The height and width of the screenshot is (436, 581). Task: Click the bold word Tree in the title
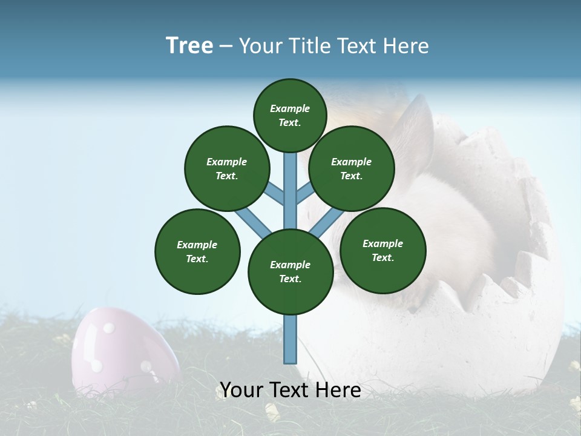pos(189,46)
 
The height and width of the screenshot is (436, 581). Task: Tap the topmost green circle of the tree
pos(290,115)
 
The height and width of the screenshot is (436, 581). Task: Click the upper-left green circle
pos(227,168)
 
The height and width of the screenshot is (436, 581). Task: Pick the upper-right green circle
pos(352,168)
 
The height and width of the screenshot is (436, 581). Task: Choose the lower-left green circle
pos(197,251)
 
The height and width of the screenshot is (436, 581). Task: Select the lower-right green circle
pos(382,250)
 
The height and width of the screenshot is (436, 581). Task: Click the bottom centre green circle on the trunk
pos(290,271)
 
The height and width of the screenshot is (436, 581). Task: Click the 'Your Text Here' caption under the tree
pos(290,391)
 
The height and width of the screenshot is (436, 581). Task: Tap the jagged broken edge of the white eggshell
pos(520,266)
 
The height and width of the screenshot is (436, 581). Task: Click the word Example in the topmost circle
pos(290,109)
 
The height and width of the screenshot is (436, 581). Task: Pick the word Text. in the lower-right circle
pos(382,257)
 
